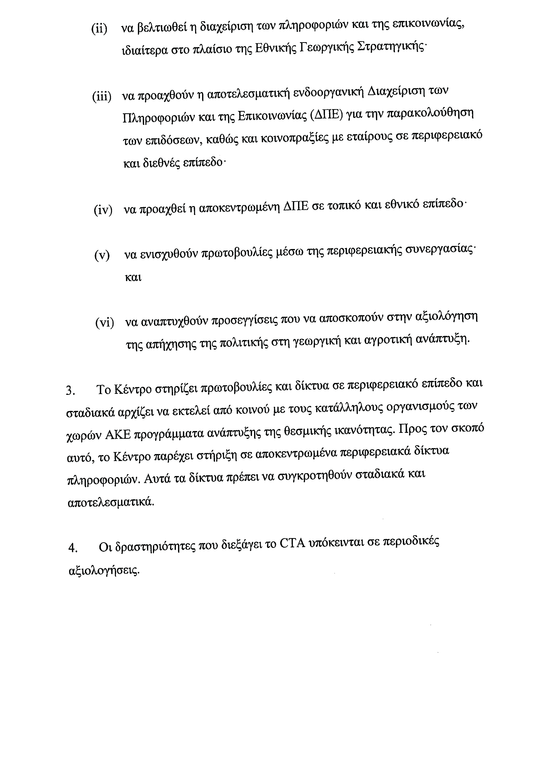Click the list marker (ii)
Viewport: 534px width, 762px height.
99,29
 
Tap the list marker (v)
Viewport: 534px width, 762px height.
102,255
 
